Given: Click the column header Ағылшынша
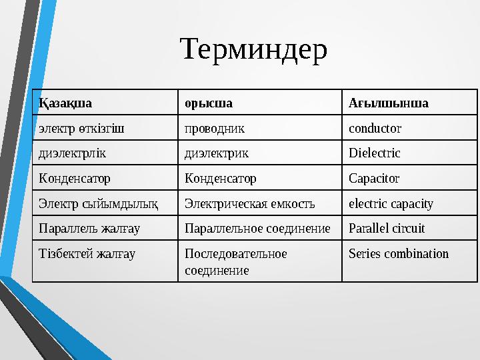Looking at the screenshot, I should [389, 103].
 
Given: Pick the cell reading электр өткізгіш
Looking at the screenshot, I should [82, 128].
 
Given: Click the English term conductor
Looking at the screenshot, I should [375, 128].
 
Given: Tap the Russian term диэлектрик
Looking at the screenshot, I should [217, 153].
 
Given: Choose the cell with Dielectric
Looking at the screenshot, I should [375, 153].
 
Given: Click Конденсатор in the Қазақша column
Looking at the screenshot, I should [75, 179].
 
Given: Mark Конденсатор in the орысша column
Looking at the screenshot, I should [220, 179].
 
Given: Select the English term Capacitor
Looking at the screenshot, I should [374, 179].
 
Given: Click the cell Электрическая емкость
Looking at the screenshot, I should [250, 203].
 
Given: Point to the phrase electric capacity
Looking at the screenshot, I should [391, 203].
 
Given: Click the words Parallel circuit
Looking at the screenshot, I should [387, 229].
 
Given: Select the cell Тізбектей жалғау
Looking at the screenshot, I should [87, 254].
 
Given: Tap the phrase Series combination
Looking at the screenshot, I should [399, 254].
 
